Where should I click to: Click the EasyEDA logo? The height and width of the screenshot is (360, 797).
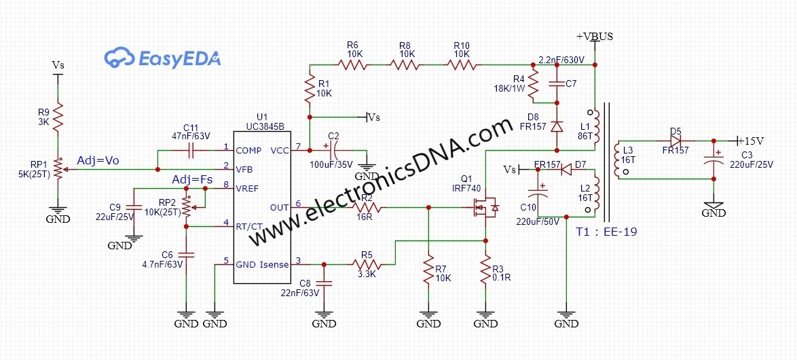click(162, 59)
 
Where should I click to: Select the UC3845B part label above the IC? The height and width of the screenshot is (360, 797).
click(263, 126)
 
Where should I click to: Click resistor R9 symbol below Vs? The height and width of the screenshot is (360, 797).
click(58, 116)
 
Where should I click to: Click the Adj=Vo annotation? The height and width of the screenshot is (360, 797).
click(98, 161)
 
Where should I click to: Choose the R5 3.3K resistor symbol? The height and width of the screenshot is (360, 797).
click(367, 264)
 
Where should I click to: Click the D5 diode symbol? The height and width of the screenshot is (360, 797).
click(675, 141)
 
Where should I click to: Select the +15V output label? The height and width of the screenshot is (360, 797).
click(749, 141)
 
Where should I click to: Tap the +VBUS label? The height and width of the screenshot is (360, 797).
click(594, 37)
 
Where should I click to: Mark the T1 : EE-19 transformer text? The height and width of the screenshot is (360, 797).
click(606, 232)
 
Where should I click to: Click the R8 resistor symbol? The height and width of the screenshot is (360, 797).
click(405, 65)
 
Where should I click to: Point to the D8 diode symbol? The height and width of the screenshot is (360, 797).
click(557, 126)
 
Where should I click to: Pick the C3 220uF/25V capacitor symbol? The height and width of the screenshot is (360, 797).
click(713, 162)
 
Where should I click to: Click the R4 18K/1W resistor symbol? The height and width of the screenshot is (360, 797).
click(533, 85)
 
